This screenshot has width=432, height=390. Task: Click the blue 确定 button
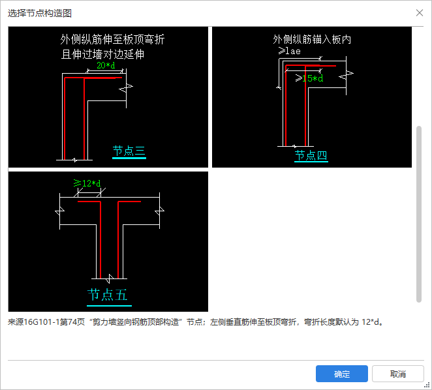(x=342, y=374)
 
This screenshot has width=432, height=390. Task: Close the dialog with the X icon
(x=420, y=12)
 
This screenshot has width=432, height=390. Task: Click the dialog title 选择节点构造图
(x=40, y=13)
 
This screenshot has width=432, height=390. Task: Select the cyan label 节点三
(x=129, y=151)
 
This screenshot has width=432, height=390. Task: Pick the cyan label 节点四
(x=311, y=155)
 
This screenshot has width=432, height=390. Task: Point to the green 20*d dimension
(x=106, y=66)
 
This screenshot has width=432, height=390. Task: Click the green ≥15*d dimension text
(x=309, y=78)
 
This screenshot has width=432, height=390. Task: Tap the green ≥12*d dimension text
(x=87, y=183)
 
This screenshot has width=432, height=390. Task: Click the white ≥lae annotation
(x=289, y=51)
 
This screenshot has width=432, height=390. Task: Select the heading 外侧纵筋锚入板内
(x=312, y=39)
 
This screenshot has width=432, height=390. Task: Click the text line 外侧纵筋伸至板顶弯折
(x=112, y=39)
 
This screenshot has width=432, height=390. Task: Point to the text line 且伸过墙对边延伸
(x=102, y=54)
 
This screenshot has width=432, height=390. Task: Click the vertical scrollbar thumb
(x=419, y=215)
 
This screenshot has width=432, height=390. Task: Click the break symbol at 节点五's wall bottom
(x=110, y=278)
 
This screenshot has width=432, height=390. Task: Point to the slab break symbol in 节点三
(x=126, y=88)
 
